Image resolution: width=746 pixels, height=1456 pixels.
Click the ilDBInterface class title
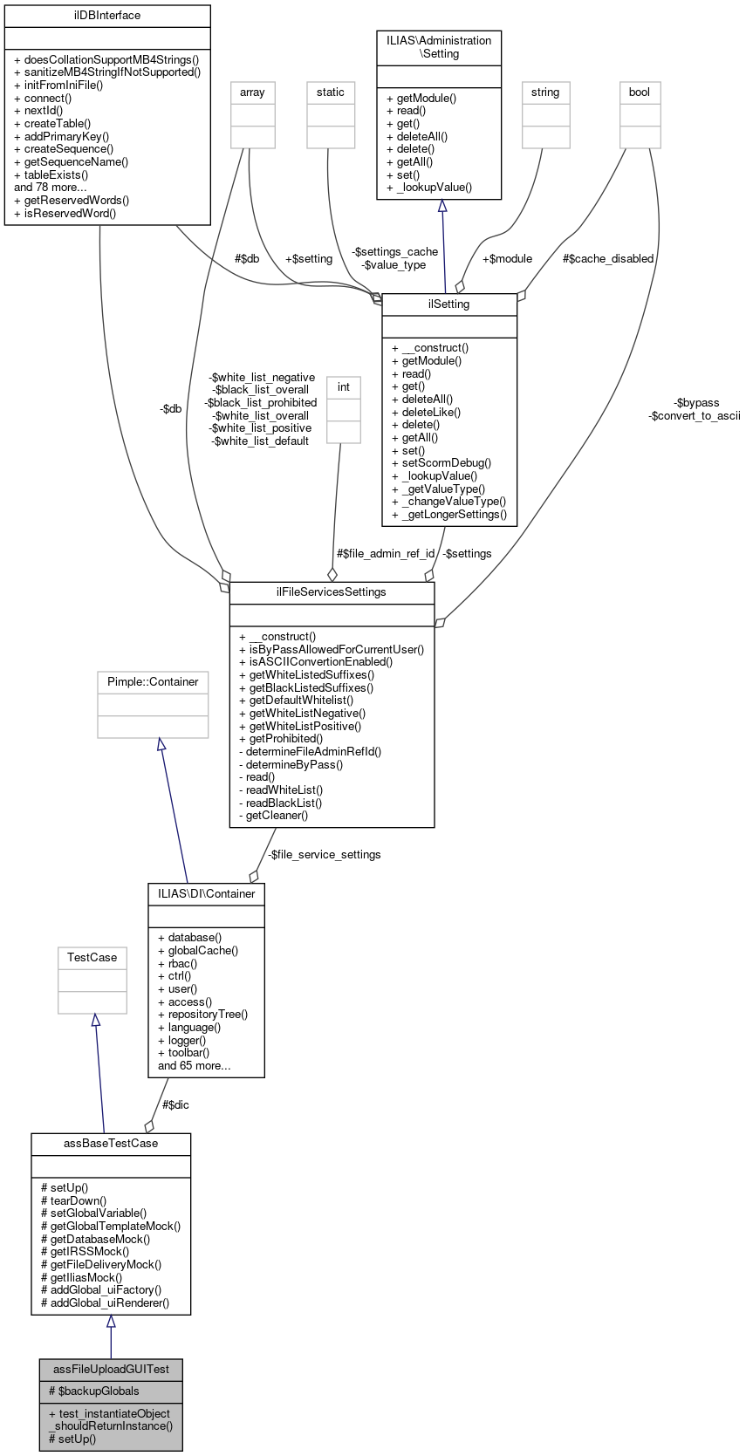point(107,16)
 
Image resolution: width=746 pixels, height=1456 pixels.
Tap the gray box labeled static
point(331,92)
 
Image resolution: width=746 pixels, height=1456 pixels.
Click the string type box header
point(545,92)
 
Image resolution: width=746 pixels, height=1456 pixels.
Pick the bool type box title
point(640,92)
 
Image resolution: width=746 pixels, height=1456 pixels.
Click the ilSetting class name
point(449,304)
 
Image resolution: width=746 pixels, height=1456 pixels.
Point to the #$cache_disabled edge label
point(608,259)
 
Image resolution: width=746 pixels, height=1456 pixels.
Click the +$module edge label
point(507,259)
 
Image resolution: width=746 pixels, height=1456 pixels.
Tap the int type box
point(344,387)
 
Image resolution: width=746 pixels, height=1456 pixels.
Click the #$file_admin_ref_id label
point(385,554)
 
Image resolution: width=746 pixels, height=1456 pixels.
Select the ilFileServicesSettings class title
point(332,592)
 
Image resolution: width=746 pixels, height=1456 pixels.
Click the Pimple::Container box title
point(153,682)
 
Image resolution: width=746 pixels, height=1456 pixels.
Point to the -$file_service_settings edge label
point(324,855)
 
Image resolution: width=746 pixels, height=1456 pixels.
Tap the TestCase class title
point(92,958)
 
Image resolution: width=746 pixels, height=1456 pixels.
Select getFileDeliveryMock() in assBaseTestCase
point(106,1264)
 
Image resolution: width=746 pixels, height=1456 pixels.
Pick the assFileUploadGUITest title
point(111,1370)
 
